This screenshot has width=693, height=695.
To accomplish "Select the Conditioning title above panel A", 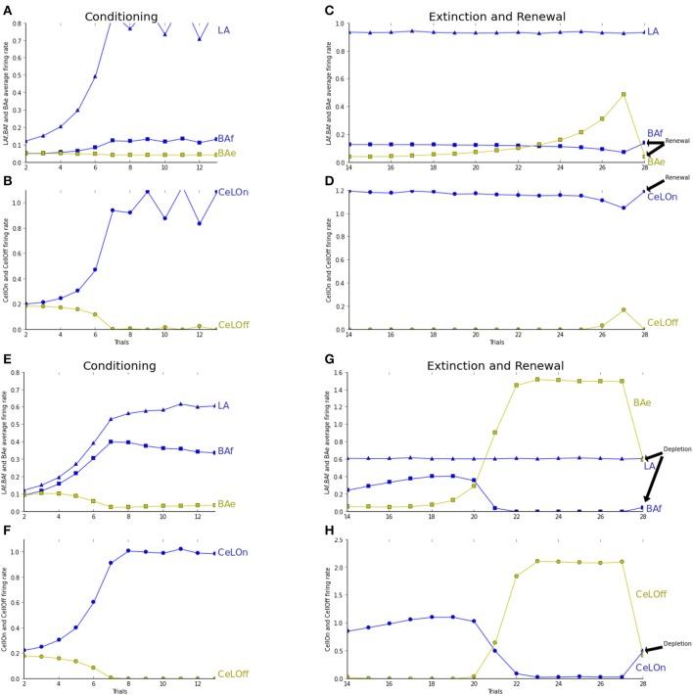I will [x=123, y=17].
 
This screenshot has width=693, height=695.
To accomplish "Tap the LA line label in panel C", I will [x=653, y=32].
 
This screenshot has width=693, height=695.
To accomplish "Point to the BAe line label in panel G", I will [x=643, y=402].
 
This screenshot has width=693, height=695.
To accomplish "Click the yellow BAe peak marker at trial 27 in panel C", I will [x=623, y=95].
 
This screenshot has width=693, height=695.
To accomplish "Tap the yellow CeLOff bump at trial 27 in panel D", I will [x=623, y=310].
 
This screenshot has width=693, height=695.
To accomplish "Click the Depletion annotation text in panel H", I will [x=671, y=644].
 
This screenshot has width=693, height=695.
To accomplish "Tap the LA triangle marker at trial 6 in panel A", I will [x=95, y=76].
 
